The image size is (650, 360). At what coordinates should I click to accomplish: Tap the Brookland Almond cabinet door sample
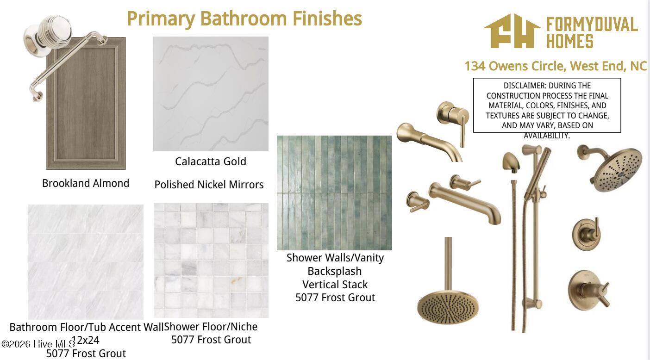click(86, 103)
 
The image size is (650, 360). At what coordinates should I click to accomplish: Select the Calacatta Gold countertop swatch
click(211, 93)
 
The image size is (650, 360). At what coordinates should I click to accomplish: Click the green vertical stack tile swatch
click(334, 192)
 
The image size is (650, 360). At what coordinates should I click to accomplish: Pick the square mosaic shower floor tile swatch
click(211, 260)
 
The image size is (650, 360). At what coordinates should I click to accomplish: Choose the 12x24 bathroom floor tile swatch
click(86, 262)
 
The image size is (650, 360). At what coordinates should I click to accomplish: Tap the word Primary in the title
click(161, 19)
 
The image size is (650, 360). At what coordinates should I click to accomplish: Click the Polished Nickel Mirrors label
click(209, 185)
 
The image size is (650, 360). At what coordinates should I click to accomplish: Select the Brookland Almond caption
click(86, 183)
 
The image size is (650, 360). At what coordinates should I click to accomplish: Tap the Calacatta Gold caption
click(211, 161)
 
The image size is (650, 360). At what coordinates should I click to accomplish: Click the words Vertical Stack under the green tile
click(335, 284)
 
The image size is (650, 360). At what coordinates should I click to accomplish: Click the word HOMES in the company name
click(570, 41)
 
